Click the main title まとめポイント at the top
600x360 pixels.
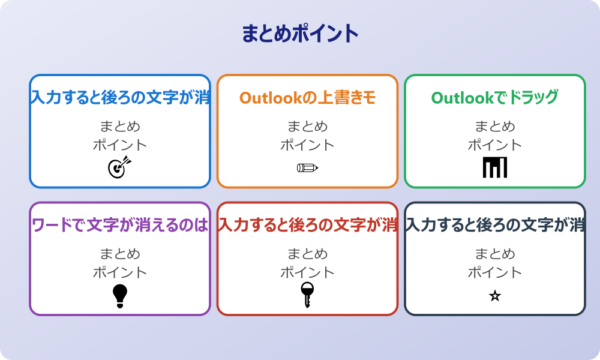click(300, 34)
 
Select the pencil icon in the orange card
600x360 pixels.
click(307, 167)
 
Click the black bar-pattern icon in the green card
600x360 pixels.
click(495, 167)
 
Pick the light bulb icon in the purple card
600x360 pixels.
click(120, 295)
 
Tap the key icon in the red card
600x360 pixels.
click(307, 295)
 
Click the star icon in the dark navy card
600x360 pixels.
click(495, 296)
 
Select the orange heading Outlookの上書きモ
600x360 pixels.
click(307, 97)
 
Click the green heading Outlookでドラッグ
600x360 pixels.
click(495, 97)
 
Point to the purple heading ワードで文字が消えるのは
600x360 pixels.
click(120, 225)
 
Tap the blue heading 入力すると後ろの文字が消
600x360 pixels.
click(120, 97)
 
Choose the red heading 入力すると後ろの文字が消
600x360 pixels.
click(307, 225)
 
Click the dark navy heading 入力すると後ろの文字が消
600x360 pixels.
click(495, 225)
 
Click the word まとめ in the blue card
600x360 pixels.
click(120, 127)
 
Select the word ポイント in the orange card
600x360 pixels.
click(307, 145)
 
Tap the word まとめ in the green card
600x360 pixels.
click(495, 127)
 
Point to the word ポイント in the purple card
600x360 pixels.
click(120, 272)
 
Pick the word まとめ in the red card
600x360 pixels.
click(307, 254)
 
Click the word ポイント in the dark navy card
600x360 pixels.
click(495, 272)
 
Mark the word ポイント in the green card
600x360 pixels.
click(495, 145)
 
